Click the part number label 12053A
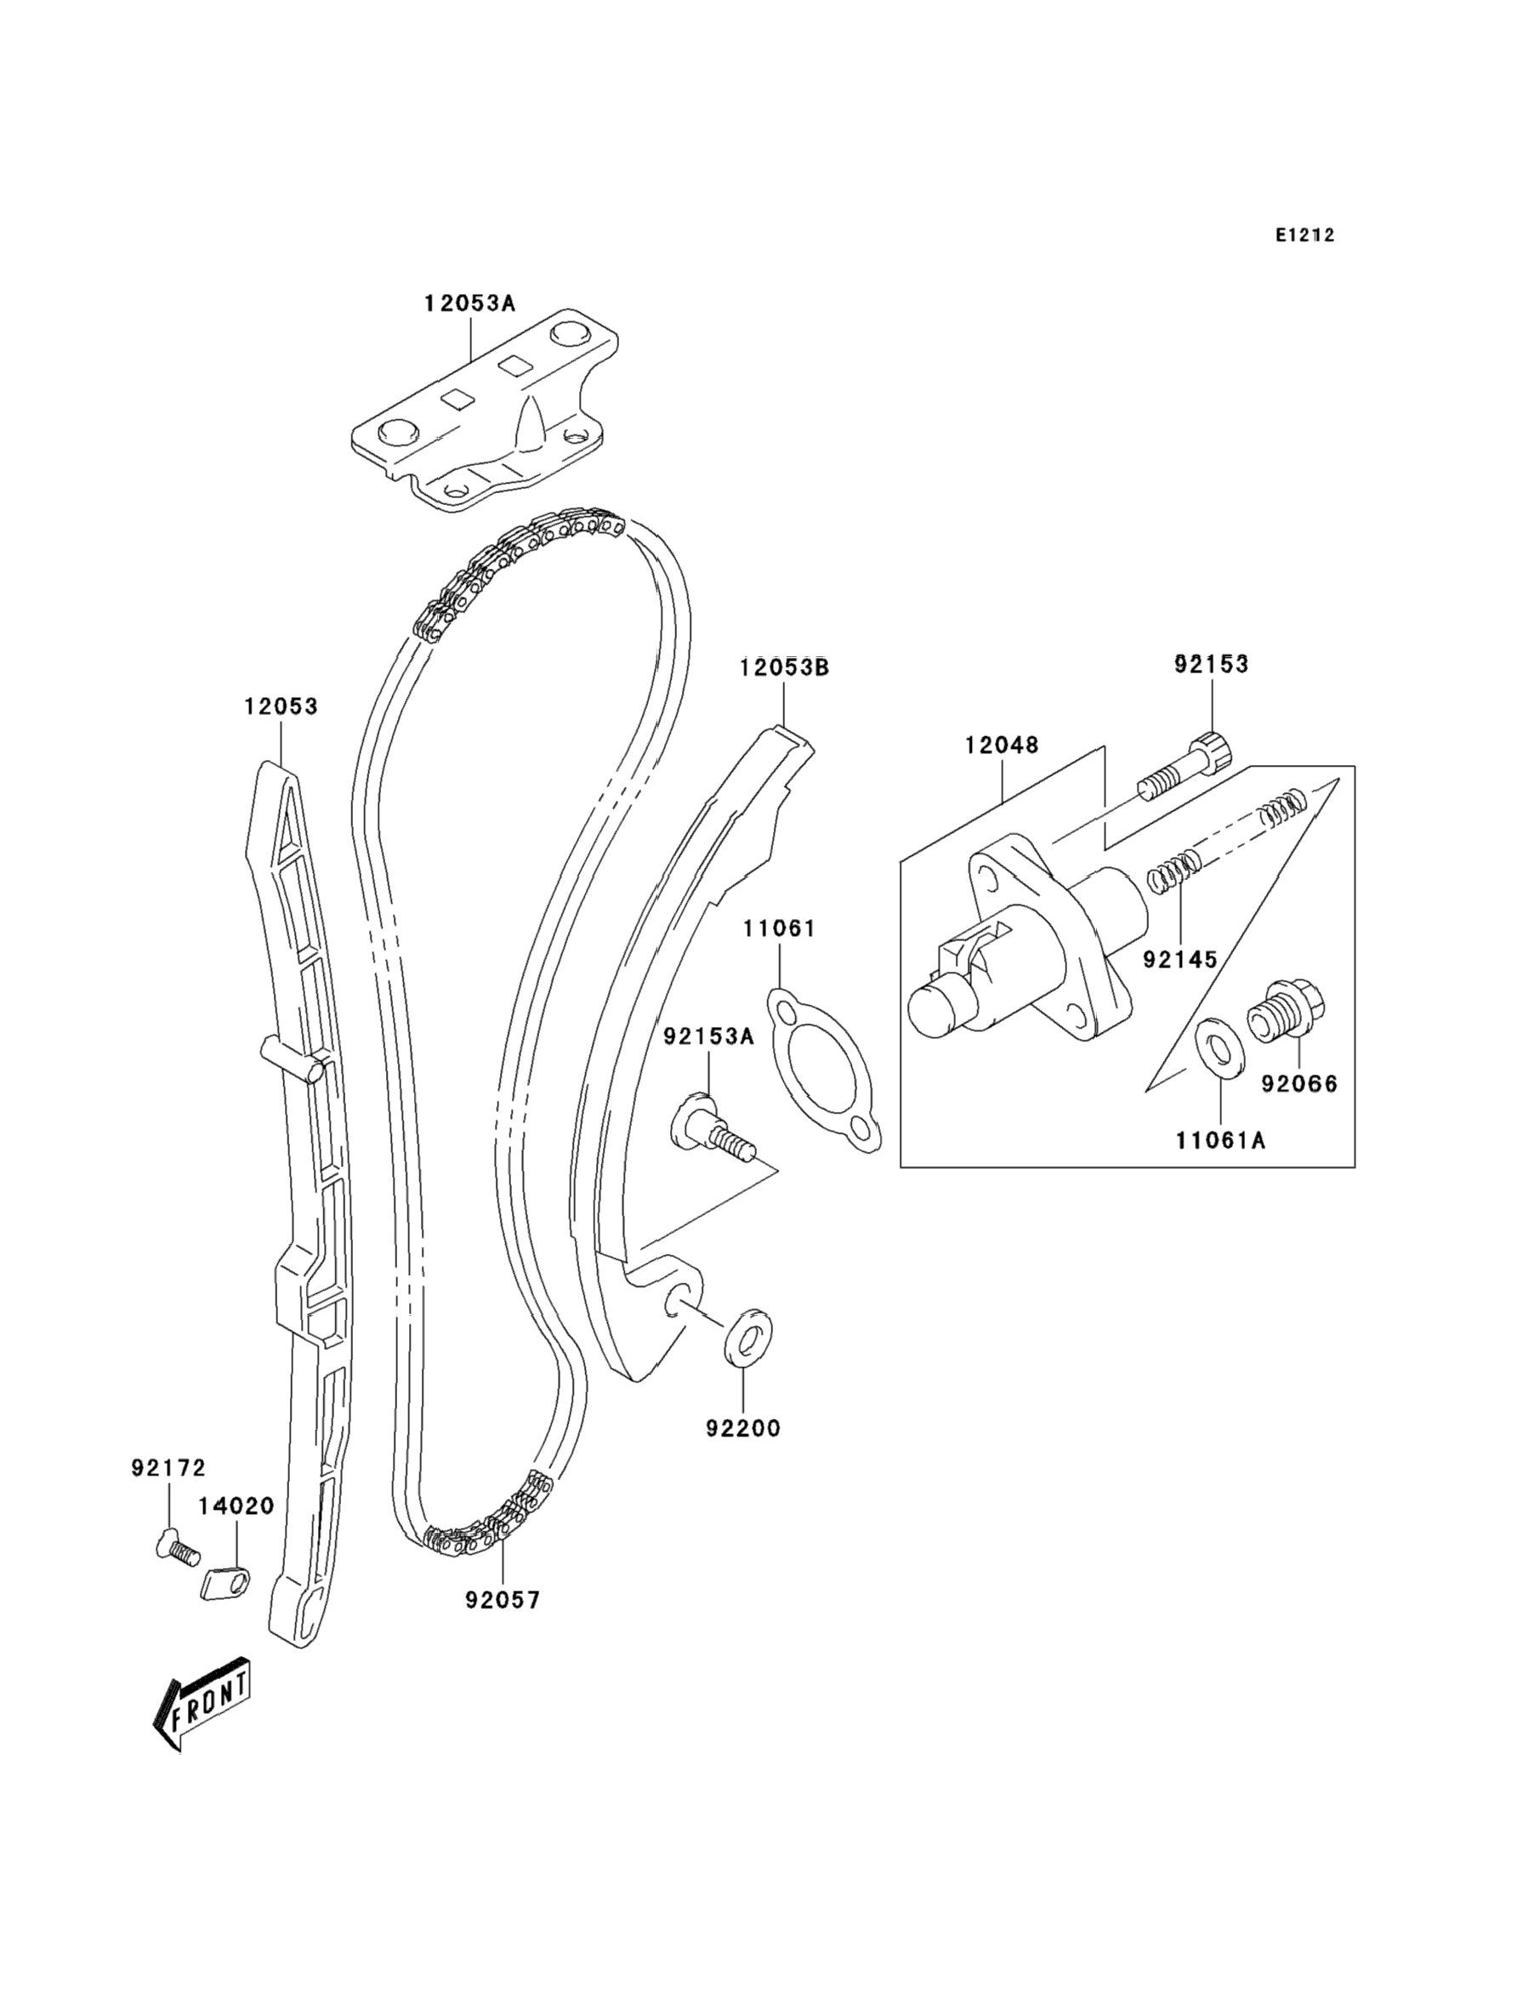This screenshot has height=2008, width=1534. click(469, 303)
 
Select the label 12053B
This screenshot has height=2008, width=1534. click(784, 667)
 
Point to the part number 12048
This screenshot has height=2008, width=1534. click(1002, 746)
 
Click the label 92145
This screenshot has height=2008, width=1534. click(1180, 959)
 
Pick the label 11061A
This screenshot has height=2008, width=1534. click(1220, 1140)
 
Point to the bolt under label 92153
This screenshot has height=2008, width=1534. click(1186, 767)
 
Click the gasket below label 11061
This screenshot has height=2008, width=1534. click(824, 1069)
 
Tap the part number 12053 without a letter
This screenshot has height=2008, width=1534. click(281, 706)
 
